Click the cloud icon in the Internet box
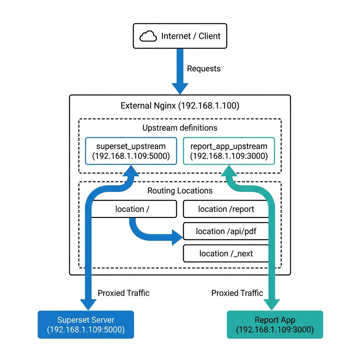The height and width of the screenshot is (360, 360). tap(148, 36)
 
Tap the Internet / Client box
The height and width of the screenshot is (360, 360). tap(180, 36)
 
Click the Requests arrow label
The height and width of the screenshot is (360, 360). tap(204, 69)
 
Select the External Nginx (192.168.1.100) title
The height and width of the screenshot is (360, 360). tap(180, 106)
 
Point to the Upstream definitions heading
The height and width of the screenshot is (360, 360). tap(180, 128)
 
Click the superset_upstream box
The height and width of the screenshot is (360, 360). tap(131, 151)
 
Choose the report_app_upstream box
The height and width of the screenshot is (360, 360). tap(229, 151)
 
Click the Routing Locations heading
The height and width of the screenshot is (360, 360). tap(180, 191)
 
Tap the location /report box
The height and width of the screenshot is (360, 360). tap(226, 209)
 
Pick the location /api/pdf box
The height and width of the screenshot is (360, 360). tap(226, 231)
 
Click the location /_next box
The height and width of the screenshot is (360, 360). tap(226, 253)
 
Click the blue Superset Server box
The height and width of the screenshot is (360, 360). tap(86, 324)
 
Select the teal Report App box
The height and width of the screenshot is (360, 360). tap(275, 324)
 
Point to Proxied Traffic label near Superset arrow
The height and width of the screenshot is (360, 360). tap(123, 293)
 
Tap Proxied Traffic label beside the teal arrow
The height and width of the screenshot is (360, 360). tap(237, 293)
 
